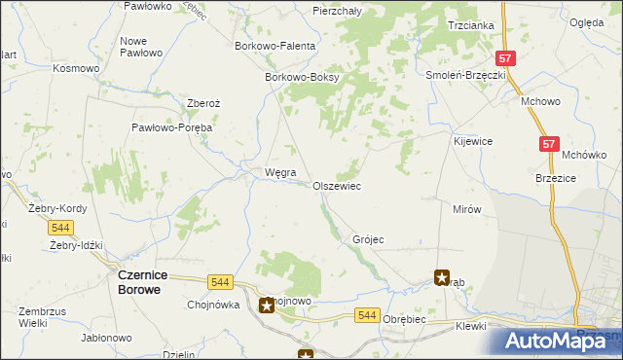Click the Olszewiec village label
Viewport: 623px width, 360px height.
(x=337, y=185)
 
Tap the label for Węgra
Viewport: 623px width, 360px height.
(x=266, y=173)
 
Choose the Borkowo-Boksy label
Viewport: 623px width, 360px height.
(x=301, y=78)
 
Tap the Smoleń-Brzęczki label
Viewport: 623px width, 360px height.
(x=465, y=75)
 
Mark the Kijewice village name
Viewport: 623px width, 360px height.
(x=473, y=141)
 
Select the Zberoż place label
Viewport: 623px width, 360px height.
(x=203, y=104)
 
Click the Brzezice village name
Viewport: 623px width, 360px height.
(x=555, y=178)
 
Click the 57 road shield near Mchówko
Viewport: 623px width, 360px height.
(x=550, y=144)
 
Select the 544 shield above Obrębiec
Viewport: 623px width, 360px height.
(x=366, y=315)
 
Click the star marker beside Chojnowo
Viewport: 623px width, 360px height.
(x=266, y=306)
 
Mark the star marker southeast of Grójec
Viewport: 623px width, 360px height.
(x=442, y=278)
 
